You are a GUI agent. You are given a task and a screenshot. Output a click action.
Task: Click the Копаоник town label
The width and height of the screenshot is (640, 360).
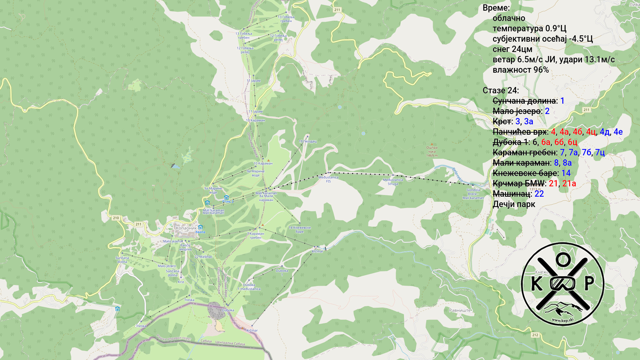tap(186, 228)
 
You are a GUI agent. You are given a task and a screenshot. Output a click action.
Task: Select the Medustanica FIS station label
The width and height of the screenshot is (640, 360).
tap(328, 179)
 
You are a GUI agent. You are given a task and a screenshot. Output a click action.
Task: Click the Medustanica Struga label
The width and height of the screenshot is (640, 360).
tap(393, 182)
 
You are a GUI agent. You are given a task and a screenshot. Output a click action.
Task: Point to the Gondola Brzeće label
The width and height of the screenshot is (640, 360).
tap(473, 194)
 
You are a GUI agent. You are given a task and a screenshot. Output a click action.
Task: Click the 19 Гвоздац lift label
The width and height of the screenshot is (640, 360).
tap(307, 141)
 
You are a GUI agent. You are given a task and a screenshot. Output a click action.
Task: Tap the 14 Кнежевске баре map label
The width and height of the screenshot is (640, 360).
tap(299, 230)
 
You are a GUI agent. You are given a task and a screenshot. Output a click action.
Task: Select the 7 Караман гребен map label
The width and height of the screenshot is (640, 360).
tap(255, 236)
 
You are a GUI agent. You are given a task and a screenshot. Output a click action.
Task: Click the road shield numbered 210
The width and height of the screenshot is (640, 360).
tap(116, 218)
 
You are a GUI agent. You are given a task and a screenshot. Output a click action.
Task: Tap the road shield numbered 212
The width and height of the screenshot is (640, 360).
tap(535, 335)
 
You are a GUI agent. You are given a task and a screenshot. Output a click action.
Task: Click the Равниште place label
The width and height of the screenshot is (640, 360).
tap(460, 310)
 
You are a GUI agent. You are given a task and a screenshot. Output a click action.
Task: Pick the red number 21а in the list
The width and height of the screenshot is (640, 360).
tap(569, 184)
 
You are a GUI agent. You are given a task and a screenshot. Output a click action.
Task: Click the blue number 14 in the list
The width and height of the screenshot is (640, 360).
tap(566, 173)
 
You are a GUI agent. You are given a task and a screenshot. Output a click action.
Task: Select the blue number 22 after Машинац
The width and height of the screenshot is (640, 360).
tap(539, 194)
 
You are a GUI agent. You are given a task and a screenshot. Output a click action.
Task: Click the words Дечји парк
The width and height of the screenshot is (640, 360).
tap(514, 204)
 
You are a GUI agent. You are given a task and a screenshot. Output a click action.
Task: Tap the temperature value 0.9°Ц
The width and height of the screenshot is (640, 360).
tap(556, 29)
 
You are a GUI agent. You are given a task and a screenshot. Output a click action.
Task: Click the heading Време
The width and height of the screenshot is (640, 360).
tap(496, 8)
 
